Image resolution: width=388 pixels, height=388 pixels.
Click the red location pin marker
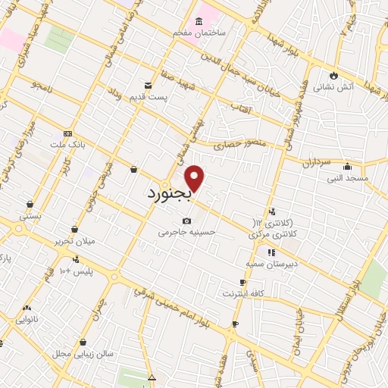pyautogui.click(x=195, y=178)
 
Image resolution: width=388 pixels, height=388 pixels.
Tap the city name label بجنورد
pyautogui.click(x=171, y=195)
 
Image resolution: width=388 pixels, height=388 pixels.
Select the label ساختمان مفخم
pyautogui.click(x=220, y=34)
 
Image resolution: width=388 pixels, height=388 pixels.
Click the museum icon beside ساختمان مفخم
pyautogui.click(x=199, y=20)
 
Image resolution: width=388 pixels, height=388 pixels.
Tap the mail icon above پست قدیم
pyautogui.click(x=149, y=84)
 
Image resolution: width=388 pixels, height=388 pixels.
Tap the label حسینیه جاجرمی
pyautogui.click(x=187, y=232)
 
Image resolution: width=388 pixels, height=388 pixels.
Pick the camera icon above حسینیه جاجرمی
pyautogui.click(x=186, y=221)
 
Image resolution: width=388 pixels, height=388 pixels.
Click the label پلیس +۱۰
pyautogui.click(x=76, y=271)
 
